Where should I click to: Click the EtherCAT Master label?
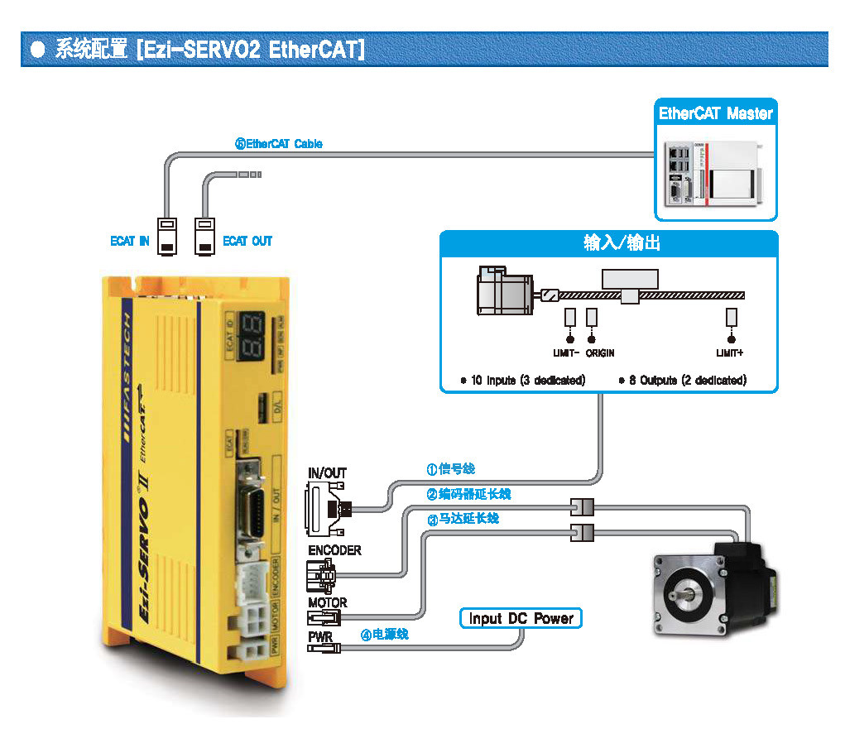click(x=716, y=114)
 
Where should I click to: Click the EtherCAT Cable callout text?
click(x=279, y=144)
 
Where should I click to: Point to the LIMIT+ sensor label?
click(x=730, y=353)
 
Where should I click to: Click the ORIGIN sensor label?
click(x=600, y=353)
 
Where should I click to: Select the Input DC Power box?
click(x=521, y=618)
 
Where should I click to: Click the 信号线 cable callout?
click(x=451, y=469)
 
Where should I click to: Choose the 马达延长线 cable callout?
click(x=463, y=519)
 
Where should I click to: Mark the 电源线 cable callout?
click(x=385, y=634)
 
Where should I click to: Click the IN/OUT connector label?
click(x=327, y=473)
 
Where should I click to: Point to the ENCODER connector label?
click(x=334, y=550)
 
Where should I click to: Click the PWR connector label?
click(x=320, y=637)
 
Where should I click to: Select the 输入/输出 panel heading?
click(x=610, y=243)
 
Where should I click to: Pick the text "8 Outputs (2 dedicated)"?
click(x=683, y=381)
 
